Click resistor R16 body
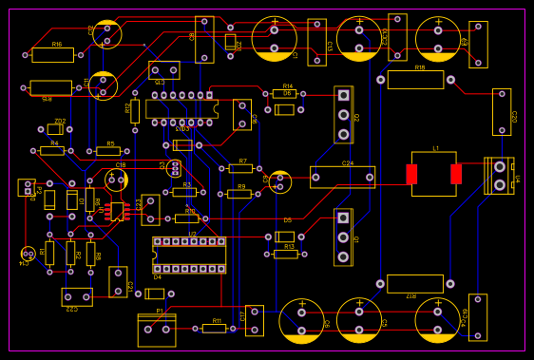tap(52, 55)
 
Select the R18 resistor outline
tap(415, 80)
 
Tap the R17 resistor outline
tap(415, 284)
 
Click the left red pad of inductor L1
tap(411, 174)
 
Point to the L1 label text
tap(436, 149)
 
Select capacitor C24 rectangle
tap(342, 177)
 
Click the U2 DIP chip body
tap(189, 256)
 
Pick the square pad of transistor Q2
tap(343, 95)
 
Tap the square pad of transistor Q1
tap(343, 218)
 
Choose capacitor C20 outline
tap(501, 111)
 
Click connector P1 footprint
tap(499, 176)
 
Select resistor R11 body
tap(214, 329)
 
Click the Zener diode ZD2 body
tap(55, 129)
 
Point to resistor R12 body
tap(135, 111)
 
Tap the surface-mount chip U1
tap(117, 212)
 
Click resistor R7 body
tap(240, 168)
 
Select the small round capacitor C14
tap(28, 254)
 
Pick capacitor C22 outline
tap(77, 297)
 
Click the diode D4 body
tap(154, 294)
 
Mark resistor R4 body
tap(52, 150)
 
